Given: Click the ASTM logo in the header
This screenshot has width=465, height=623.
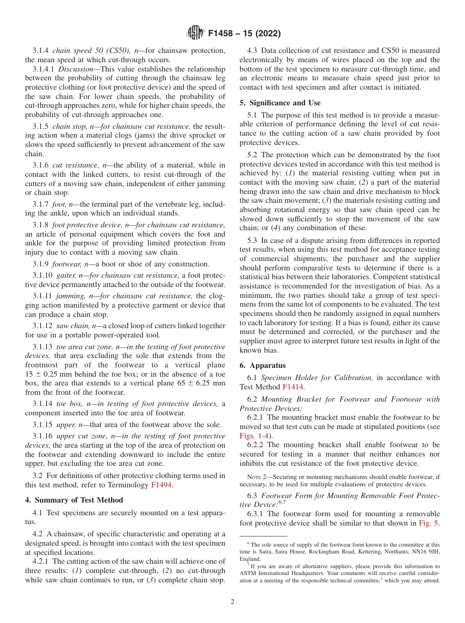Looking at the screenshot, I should click(x=195, y=33).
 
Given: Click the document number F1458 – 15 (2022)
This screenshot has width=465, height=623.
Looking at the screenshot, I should click(x=244, y=34).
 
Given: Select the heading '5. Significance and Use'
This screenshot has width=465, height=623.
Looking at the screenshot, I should click(x=280, y=103).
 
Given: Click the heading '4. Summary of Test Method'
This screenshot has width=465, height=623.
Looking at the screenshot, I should click(x=74, y=500).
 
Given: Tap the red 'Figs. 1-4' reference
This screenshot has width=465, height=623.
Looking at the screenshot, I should click(x=256, y=435).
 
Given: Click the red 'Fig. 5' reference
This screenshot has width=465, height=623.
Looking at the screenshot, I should click(x=429, y=523).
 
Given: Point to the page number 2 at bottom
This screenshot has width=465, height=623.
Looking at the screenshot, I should click(x=232, y=602).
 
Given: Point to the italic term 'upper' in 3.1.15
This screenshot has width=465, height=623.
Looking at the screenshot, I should click(x=66, y=424).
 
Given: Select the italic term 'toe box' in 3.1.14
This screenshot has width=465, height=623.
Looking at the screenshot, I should click(x=69, y=404).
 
